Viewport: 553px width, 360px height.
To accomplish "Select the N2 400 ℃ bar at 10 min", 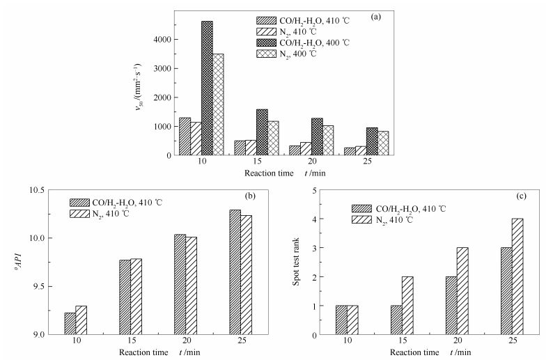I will [218, 104].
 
